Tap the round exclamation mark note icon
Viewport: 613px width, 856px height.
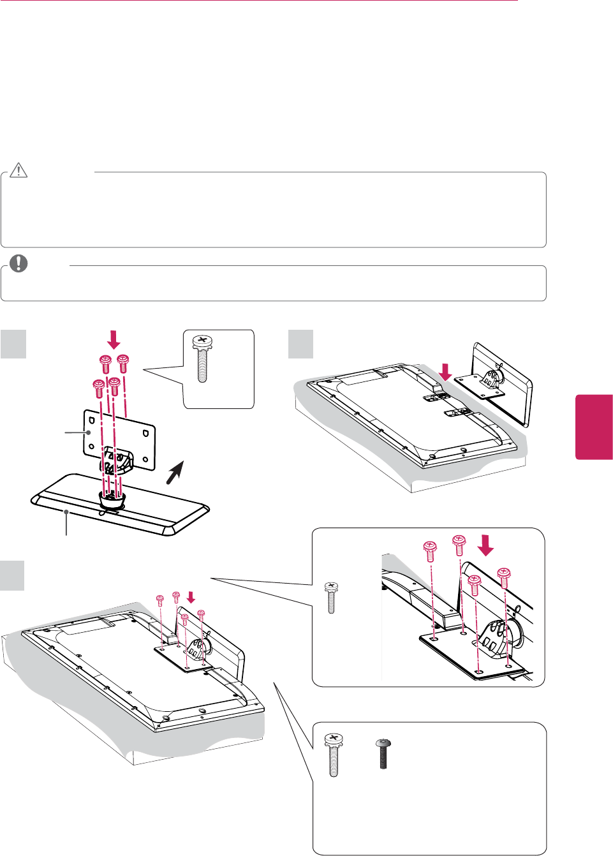point(19,263)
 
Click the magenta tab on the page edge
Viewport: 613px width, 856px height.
point(594,427)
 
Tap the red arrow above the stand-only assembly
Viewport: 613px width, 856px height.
point(114,339)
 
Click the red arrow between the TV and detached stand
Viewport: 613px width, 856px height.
point(446,372)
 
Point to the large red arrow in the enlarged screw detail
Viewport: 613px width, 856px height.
point(486,545)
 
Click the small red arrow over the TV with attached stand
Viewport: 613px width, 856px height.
point(191,598)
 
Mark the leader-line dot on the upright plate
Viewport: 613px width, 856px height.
point(89,432)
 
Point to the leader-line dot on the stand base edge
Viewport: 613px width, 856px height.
point(66,512)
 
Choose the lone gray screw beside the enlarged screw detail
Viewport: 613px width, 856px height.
point(331,598)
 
